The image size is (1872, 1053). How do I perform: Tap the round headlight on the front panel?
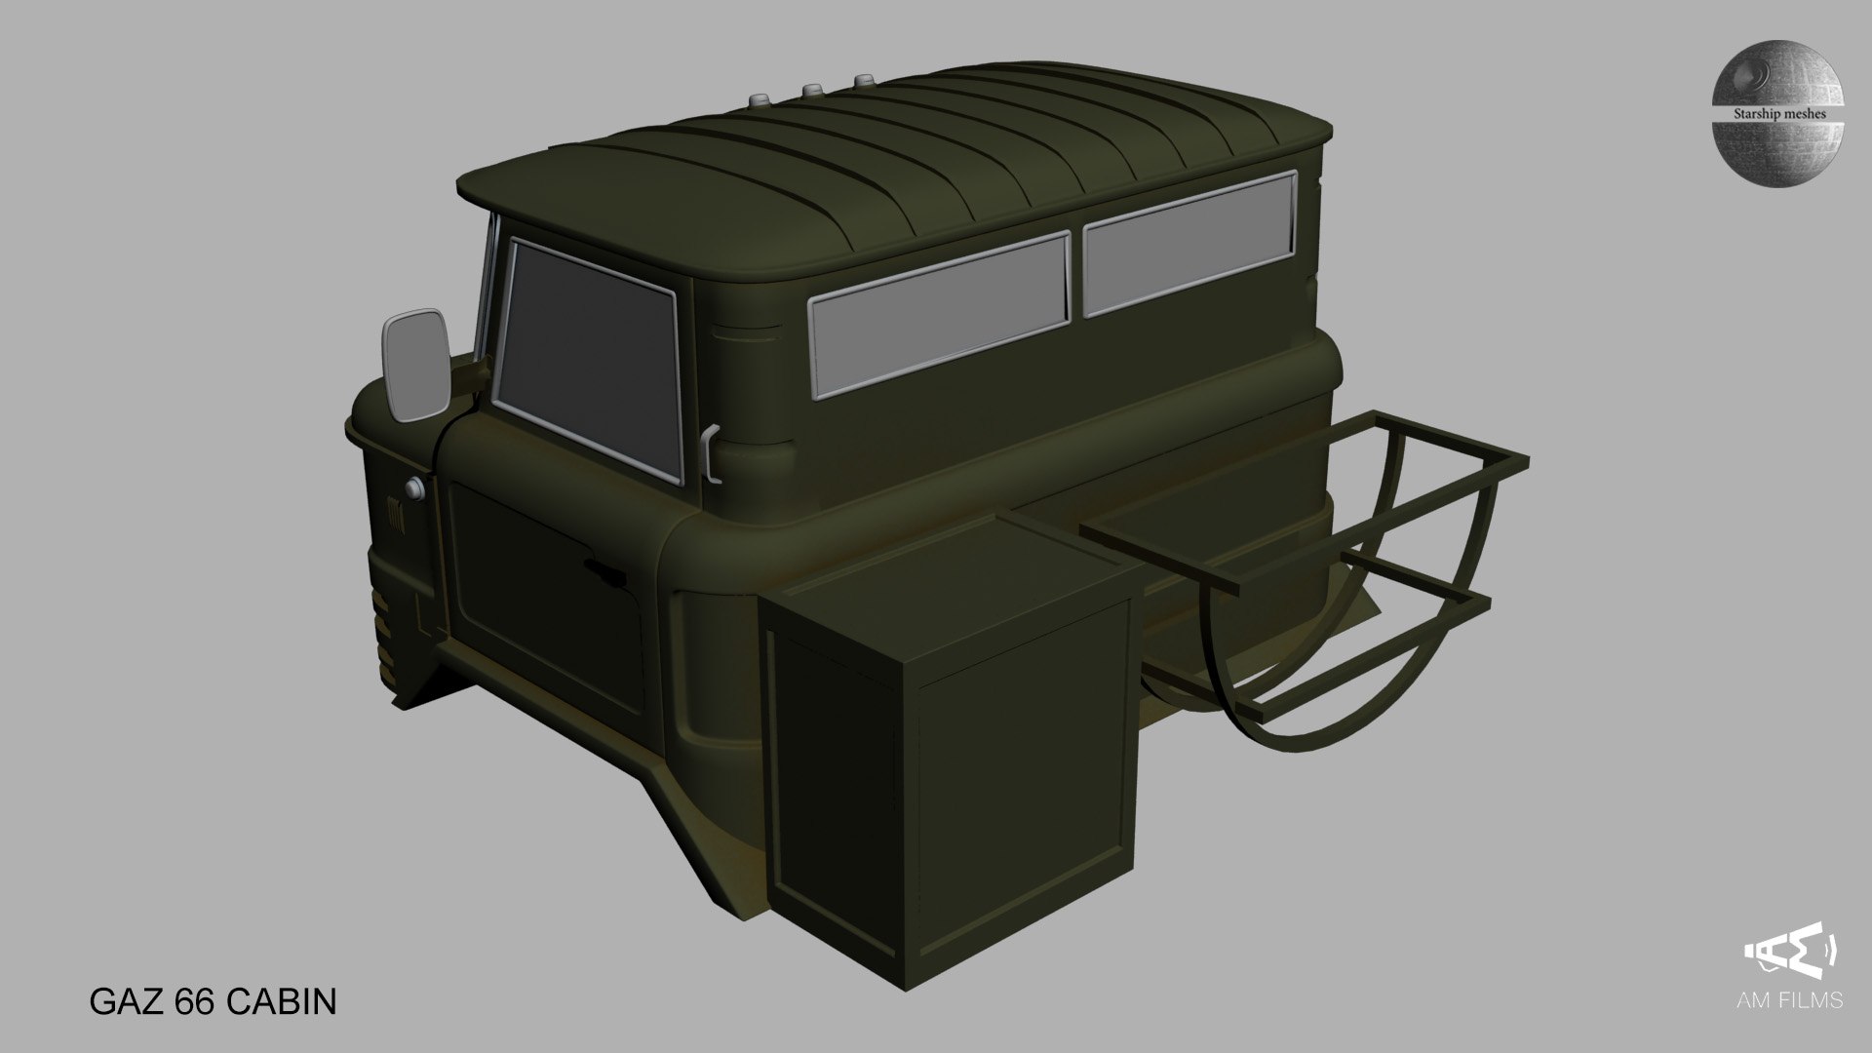tap(417, 487)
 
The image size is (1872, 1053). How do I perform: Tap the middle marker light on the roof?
tap(808, 91)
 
